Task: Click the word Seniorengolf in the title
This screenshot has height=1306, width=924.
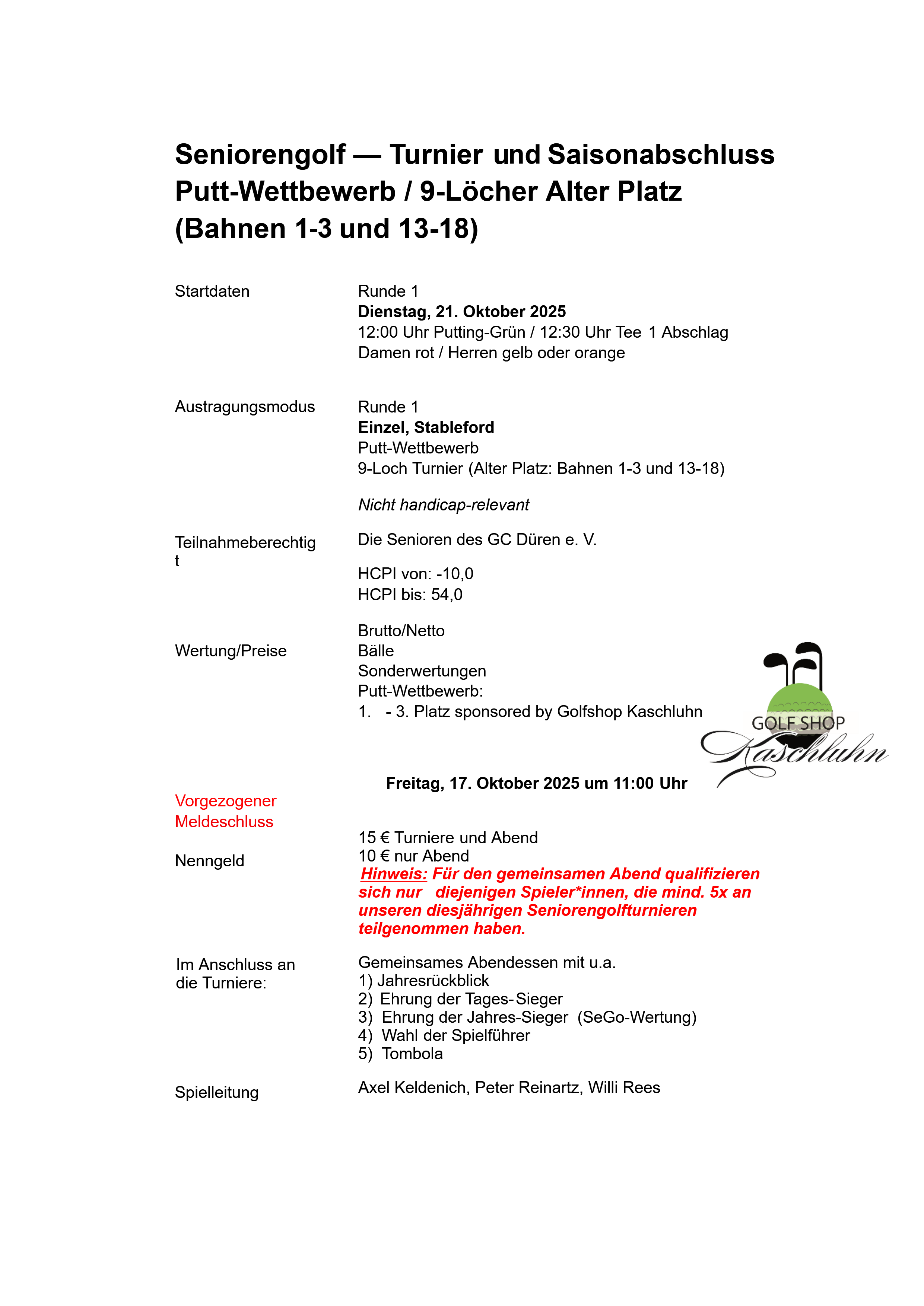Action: pos(260,155)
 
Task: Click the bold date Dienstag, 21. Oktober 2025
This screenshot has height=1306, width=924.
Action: pos(461,312)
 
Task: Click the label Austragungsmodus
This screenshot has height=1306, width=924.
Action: pos(245,407)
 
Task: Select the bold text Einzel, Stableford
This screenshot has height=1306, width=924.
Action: pos(426,427)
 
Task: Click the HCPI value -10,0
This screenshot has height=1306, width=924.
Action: pos(455,573)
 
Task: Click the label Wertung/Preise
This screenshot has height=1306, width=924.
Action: pos(231,651)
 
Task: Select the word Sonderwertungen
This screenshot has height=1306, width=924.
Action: pos(422,671)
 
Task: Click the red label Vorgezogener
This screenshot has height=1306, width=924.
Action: pos(225,801)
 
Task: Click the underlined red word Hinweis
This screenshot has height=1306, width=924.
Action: pos(393,874)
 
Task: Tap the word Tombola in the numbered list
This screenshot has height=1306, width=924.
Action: pos(412,1054)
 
